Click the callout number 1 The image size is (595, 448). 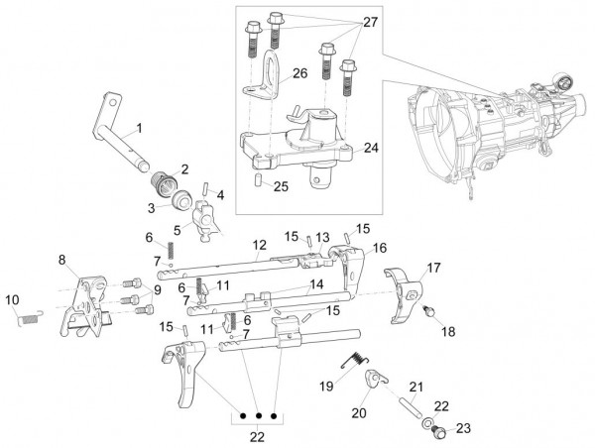click(x=140, y=128)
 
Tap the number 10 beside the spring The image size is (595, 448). click(x=13, y=299)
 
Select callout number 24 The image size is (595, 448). click(x=371, y=148)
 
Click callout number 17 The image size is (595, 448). click(x=433, y=268)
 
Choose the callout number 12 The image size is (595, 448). click(x=259, y=244)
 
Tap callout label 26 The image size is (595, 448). click(x=300, y=72)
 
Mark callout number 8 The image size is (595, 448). click(x=61, y=260)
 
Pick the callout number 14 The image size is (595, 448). click(x=315, y=283)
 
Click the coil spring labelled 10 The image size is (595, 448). click(x=31, y=315)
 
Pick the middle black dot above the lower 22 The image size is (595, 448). click(x=259, y=416)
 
